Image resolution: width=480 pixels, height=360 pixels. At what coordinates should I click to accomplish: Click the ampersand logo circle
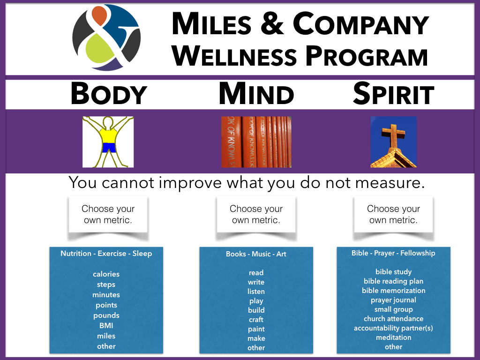click(106, 37)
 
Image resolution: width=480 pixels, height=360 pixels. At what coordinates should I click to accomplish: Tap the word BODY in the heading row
click(109, 94)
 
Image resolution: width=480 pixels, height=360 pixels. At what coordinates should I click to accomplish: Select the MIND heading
click(256, 94)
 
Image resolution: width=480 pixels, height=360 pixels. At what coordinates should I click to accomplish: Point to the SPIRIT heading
click(393, 94)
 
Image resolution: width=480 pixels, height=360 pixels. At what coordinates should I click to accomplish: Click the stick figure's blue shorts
click(109, 148)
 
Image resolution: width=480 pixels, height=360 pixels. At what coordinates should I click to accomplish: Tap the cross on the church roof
click(393, 133)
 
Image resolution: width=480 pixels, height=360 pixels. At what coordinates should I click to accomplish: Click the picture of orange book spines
click(256, 142)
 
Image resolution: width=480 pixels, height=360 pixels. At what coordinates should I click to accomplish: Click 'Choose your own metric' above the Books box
click(256, 214)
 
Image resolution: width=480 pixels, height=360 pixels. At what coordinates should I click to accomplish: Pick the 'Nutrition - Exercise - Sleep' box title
click(106, 254)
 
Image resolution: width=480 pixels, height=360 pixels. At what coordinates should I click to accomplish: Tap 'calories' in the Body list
click(106, 274)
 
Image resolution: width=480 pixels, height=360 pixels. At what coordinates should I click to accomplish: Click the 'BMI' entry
click(106, 326)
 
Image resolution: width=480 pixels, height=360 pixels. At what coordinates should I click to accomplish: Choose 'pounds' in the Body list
click(106, 315)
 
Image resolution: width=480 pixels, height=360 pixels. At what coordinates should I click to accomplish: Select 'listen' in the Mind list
click(256, 292)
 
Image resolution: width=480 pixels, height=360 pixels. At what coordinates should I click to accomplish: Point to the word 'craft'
click(256, 320)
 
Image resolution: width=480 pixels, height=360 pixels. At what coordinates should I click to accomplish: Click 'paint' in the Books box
click(256, 329)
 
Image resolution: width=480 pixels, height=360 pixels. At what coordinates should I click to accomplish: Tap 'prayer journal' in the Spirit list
click(393, 300)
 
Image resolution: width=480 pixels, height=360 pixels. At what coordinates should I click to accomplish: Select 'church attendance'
click(393, 319)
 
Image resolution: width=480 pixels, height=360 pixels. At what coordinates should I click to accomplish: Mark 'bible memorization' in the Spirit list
click(393, 291)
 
